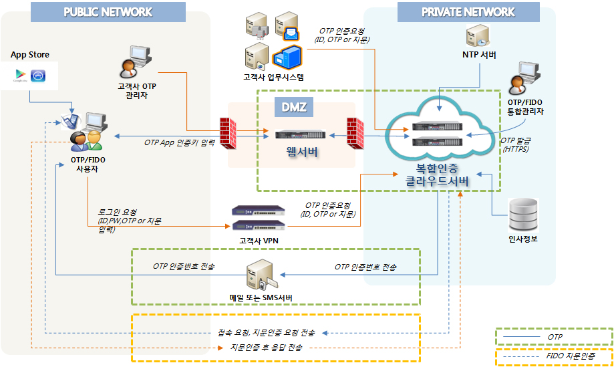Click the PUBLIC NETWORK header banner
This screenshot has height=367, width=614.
(x=109, y=12)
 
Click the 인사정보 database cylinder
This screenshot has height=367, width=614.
(x=523, y=214)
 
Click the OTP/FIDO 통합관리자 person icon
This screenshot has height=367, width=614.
(x=522, y=80)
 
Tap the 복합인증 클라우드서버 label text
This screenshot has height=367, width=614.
(x=437, y=175)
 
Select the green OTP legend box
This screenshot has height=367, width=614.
(x=554, y=337)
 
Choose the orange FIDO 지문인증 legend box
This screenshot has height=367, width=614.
(x=554, y=358)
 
